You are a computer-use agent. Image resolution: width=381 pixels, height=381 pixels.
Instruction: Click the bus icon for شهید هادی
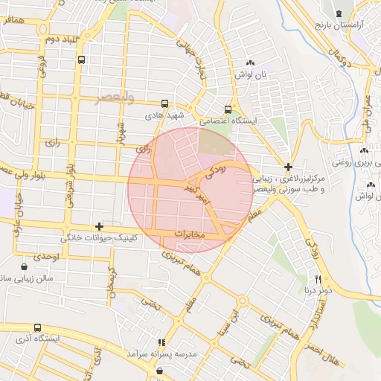coord(164,105)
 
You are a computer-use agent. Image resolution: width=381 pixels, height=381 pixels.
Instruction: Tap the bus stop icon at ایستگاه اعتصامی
coord(228,109)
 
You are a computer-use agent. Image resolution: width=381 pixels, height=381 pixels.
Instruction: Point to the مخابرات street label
coord(189,234)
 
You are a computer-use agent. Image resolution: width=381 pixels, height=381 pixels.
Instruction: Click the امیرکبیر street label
coord(198,196)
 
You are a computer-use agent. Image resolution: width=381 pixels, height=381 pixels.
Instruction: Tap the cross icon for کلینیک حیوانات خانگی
coord(99,225)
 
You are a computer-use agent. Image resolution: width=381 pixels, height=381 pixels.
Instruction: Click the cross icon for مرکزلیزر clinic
coord(289,166)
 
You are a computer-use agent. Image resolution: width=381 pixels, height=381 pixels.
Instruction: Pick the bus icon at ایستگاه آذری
coord(37,327)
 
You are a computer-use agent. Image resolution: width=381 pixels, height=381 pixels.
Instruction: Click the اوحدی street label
coord(46,256)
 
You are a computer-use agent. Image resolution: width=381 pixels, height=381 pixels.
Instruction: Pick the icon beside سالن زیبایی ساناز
coord(25,266)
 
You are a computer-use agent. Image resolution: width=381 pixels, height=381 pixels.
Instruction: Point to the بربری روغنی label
coord(350,160)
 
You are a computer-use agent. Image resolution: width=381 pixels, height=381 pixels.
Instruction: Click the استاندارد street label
coord(313,322)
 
